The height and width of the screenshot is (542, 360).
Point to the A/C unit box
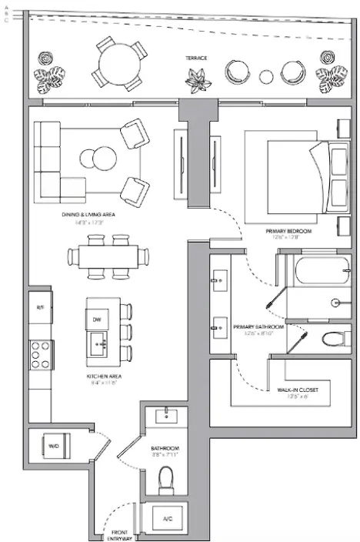(x=166, y=519)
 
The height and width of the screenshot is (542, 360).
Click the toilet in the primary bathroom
(x=333, y=339)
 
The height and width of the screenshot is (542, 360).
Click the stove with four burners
(x=41, y=355)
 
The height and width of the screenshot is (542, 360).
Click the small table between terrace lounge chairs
(x=266, y=76)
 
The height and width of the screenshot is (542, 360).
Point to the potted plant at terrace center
(x=198, y=80)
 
